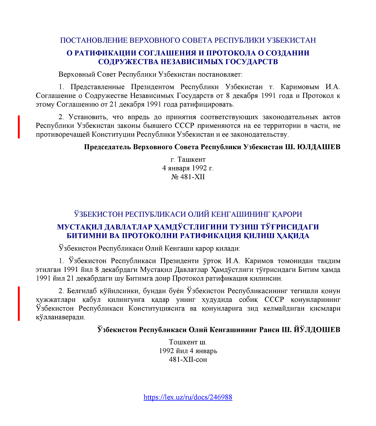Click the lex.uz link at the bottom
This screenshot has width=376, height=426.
pyautogui.click(x=188, y=398)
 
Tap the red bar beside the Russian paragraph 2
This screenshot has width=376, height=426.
pyautogui.click(x=19, y=127)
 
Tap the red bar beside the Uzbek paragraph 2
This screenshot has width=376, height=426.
pyautogui.click(x=19, y=303)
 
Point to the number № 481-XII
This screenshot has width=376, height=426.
pyautogui.click(x=188, y=177)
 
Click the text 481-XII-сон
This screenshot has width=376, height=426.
pyautogui.click(x=188, y=359)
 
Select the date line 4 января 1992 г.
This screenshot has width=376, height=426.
pyautogui.click(x=188, y=168)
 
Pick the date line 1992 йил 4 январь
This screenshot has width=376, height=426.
pyautogui.click(x=188, y=350)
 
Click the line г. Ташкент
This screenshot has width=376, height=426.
pyautogui.click(x=188, y=159)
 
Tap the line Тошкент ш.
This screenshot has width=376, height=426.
pyautogui.click(x=188, y=342)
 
